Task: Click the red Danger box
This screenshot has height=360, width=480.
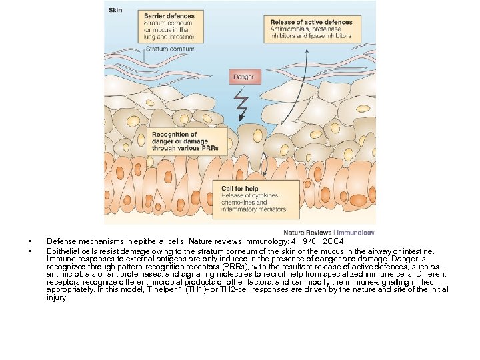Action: (x=243, y=77)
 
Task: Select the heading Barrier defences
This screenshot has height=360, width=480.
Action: (x=169, y=16)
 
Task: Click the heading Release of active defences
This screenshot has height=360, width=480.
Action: (x=311, y=22)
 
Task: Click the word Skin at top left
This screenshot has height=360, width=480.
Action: (x=115, y=10)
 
